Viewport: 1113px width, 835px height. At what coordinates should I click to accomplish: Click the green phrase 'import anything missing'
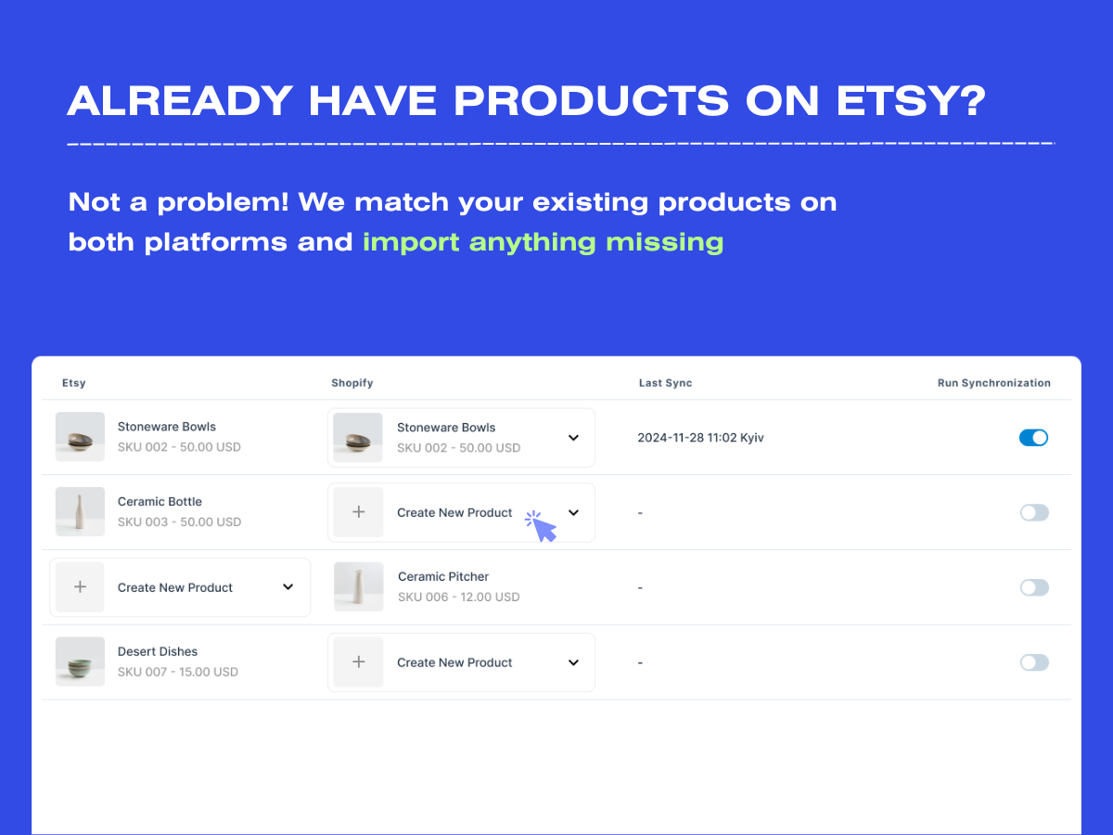click(543, 242)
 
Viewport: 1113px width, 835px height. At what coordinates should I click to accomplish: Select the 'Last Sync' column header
click(665, 383)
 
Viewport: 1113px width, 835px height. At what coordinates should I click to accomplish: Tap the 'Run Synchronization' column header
click(993, 383)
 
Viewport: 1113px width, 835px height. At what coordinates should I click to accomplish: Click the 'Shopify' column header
click(352, 383)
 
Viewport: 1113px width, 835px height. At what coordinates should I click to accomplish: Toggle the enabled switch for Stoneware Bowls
click(1033, 437)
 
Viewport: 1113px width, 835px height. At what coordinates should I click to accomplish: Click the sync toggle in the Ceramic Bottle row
click(1033, 512)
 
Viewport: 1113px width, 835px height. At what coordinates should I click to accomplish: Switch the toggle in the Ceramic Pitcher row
click(1033, 587)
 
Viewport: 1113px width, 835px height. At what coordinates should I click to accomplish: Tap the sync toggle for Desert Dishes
click(1033, 662)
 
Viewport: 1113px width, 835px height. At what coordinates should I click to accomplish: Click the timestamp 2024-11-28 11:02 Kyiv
click(700, 438)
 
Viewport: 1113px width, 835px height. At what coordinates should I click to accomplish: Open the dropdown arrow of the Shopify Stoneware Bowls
click(573, 438)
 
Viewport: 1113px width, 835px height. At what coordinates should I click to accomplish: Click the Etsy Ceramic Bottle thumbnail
click(80, 512)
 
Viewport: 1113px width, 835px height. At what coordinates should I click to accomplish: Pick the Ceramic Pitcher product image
click(358, 586)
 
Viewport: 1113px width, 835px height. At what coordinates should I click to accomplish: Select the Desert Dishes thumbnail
click(80, 662)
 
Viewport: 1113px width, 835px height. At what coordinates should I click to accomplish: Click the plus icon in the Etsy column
click(80, 587)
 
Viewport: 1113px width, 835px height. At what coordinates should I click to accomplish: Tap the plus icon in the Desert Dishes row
click(359, 662)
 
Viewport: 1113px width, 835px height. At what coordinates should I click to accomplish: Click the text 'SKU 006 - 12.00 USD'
click(458, 597)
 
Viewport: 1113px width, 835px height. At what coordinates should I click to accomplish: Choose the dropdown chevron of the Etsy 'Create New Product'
click(288, 587)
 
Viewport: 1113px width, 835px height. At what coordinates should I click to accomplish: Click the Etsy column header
click(73, 383)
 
